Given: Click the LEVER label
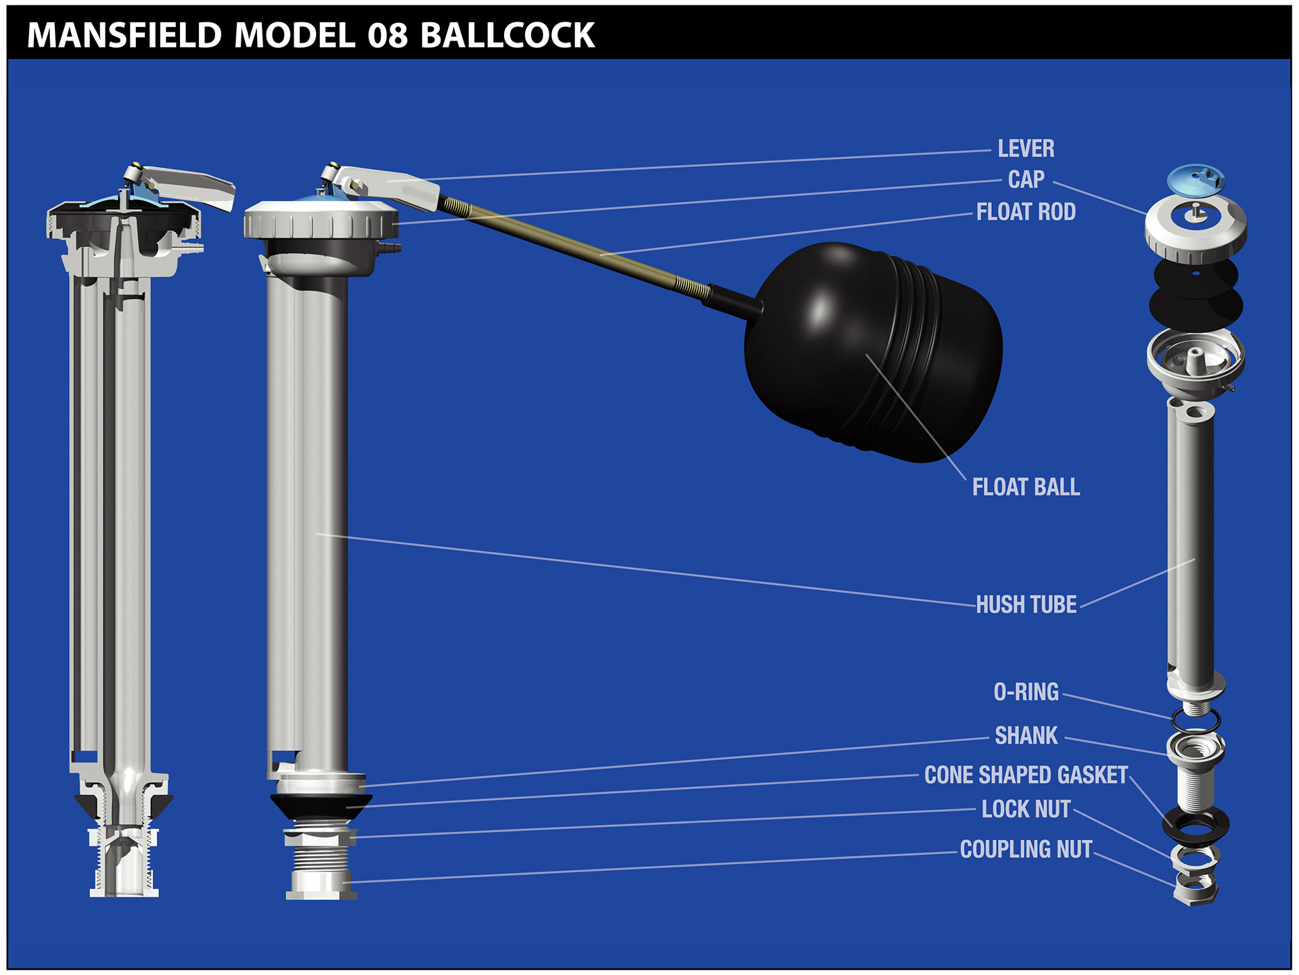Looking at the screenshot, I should click(x=1026, y=149).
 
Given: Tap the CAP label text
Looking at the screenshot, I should click(x=1026, y=179).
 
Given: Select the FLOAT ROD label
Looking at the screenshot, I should click(x=1026, y=212).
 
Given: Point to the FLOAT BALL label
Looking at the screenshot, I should click(x=1026, y=487).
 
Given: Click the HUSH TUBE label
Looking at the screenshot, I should click(x=1026, y=604).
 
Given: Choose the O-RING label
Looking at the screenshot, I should click(x=1026, y=691).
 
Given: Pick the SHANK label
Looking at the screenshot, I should click(x=1026, y=735).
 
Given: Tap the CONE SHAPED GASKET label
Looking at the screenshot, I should click(x=1026, y=775).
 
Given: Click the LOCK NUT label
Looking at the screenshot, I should click(x=1026, y=809).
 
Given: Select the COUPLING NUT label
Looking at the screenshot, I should click(x=1026, y=849).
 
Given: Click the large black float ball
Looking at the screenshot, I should click(x=873, y=352).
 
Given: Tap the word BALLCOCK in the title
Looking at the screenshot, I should click(x=507, y=35).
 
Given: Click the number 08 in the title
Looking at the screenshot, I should click(x=388, y=35).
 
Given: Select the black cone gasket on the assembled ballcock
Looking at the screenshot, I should click(x=321, y=805).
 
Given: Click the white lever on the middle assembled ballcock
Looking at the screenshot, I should click(x=392, y=186).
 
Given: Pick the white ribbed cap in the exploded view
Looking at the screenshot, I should click(x=1195, y=233).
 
